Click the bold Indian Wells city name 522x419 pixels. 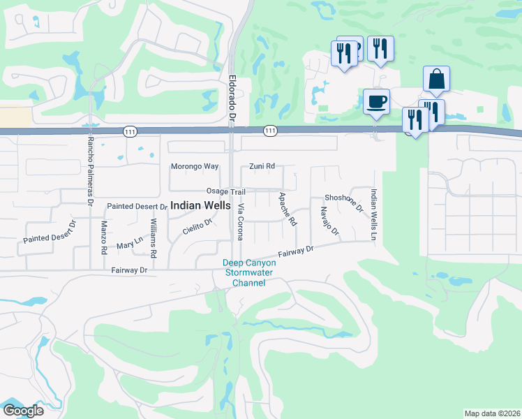click(x=201, y=206)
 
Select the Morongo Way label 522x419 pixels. click(x=195, y=167)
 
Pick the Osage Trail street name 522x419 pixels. click(x=225, y=192)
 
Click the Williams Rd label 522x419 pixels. click(x=154, y=237)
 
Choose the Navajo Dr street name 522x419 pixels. click(x=329, y=221)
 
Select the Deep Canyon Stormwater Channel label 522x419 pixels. click(x=249, y=273)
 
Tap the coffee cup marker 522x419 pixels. click(x=376, y=101)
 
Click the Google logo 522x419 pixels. click(x=23, y=411)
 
